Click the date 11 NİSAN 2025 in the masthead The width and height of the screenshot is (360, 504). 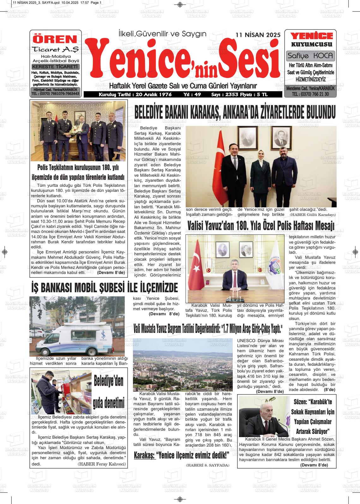[258, 35]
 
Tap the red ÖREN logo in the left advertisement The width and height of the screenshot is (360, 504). [55, 39]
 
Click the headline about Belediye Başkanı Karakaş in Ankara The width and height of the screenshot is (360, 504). [235, 112]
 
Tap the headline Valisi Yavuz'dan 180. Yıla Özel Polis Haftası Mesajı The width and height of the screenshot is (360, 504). [261, 226]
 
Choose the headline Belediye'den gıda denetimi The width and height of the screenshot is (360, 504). [109, 392]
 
